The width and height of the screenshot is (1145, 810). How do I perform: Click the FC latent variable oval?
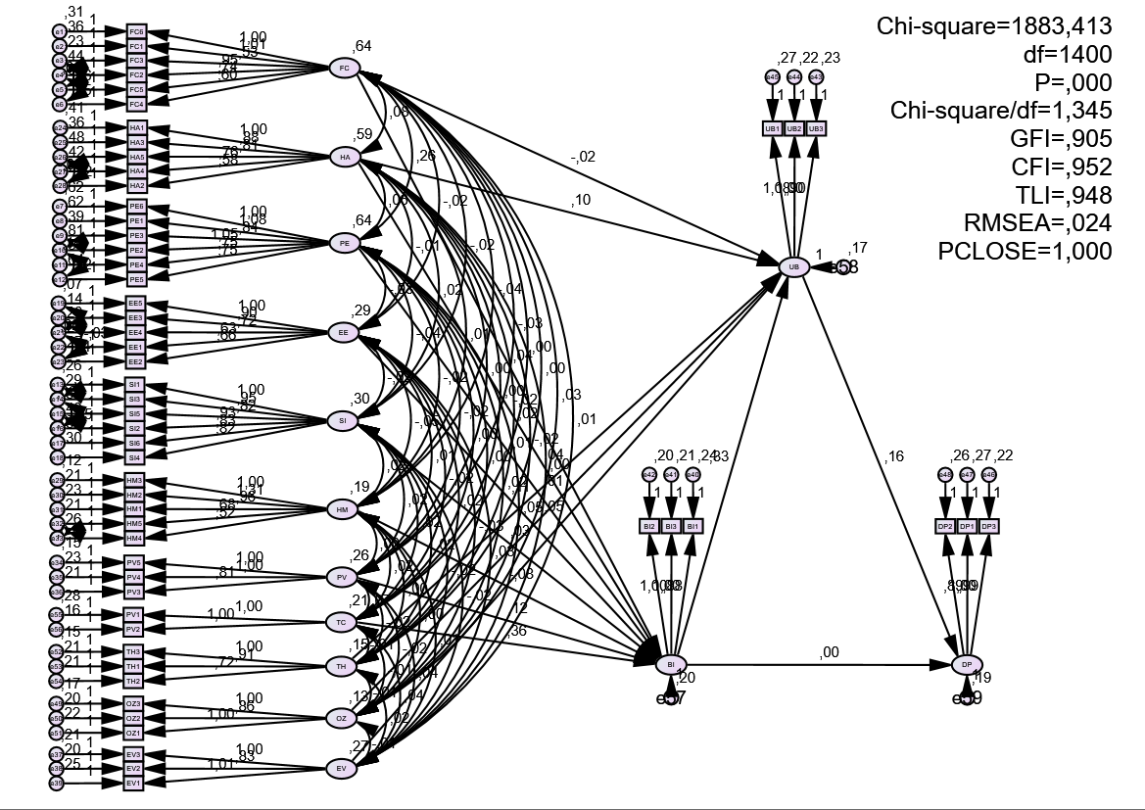[344, 68]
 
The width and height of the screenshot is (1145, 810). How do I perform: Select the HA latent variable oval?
[344, 157]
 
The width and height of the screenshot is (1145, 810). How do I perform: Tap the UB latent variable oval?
[792, 265]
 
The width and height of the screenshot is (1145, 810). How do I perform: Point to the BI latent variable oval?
[671, 664]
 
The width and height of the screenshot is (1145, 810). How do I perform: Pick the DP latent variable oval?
[967, 664]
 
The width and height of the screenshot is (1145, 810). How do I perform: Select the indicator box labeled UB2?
[794, 128]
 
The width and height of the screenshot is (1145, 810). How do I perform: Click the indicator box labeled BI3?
[671, 526]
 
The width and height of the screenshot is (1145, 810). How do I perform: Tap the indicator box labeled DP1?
[967, 526]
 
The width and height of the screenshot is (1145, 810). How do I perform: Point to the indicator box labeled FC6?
[136, 31]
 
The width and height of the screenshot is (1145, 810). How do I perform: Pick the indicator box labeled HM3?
[135, 480]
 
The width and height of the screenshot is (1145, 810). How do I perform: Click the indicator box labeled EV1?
[135, 783]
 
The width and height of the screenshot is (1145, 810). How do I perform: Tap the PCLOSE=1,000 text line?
[1025, 251]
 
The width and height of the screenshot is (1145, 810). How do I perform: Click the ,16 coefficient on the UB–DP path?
[894, 455]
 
